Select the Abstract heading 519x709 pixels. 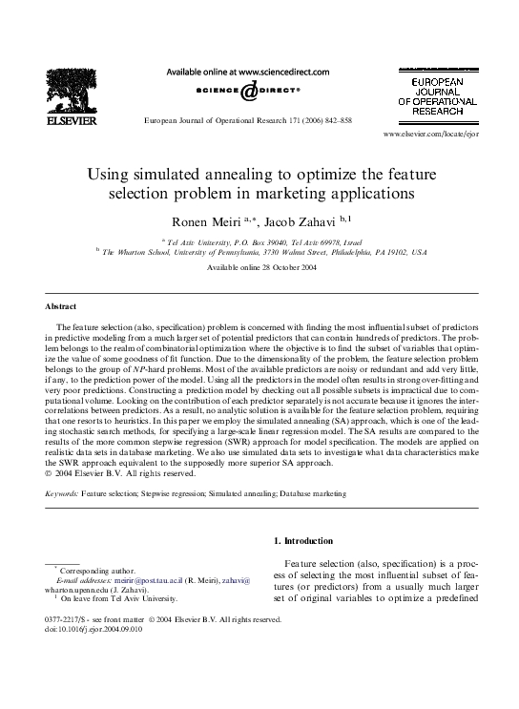(61, 306)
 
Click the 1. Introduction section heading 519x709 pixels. (304, 542)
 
